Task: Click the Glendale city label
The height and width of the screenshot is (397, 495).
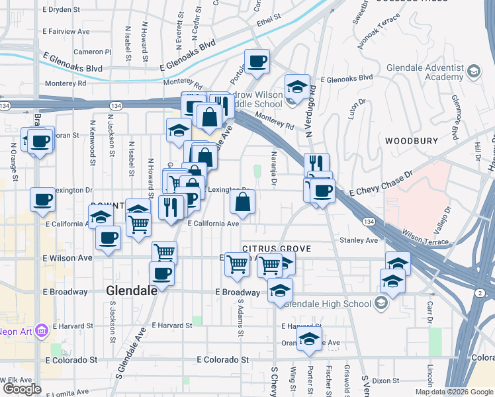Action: pos(131,290)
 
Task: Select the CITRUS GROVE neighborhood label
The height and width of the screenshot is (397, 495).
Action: pos(277,248)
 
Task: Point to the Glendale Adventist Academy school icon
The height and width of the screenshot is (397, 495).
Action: pos(474,71)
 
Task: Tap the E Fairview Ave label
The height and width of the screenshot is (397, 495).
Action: pos(66,31)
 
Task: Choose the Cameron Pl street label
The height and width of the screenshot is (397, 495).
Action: pos(93,52)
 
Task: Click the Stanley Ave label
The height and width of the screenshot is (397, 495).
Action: pos(358,240)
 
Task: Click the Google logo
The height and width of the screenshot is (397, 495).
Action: pos(22,389)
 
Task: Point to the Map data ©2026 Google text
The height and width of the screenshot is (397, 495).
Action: pos(454,392)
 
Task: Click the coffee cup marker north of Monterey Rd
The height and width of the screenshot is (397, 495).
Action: pos(257,62)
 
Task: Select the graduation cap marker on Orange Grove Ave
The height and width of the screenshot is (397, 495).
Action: pos(308,341)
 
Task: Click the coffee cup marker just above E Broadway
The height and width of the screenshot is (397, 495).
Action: pos(161,273)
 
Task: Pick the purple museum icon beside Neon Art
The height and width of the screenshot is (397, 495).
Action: pos(41,329)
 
